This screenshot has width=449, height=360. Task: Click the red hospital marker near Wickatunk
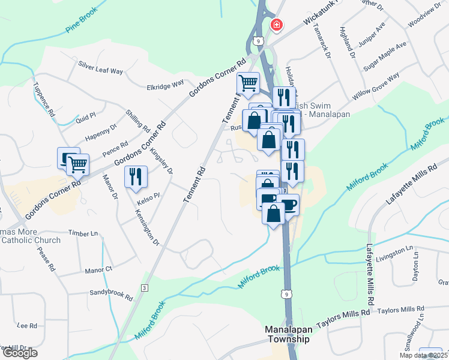(x=277, y=25)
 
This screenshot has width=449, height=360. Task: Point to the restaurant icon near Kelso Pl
(x=135, y=176)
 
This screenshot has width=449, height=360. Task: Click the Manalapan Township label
(x=288, y=334)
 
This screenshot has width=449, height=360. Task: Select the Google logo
(x=19, y=353)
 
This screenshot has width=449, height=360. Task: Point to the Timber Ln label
(x=83, y=233)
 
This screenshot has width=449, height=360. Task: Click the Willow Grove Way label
(x=376, y=87)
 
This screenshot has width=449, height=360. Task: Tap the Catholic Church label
(x=31, y=241)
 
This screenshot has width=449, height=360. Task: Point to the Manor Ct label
(x=98, y=270)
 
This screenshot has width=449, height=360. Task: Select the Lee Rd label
(x=28, y=325)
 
